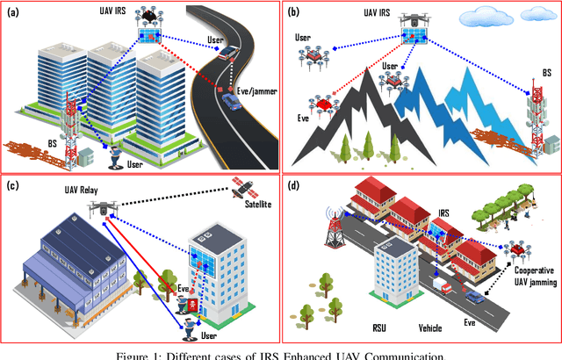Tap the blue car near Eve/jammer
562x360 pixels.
(x=231, y=103)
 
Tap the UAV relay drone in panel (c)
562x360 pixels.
(x=104, y=209)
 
